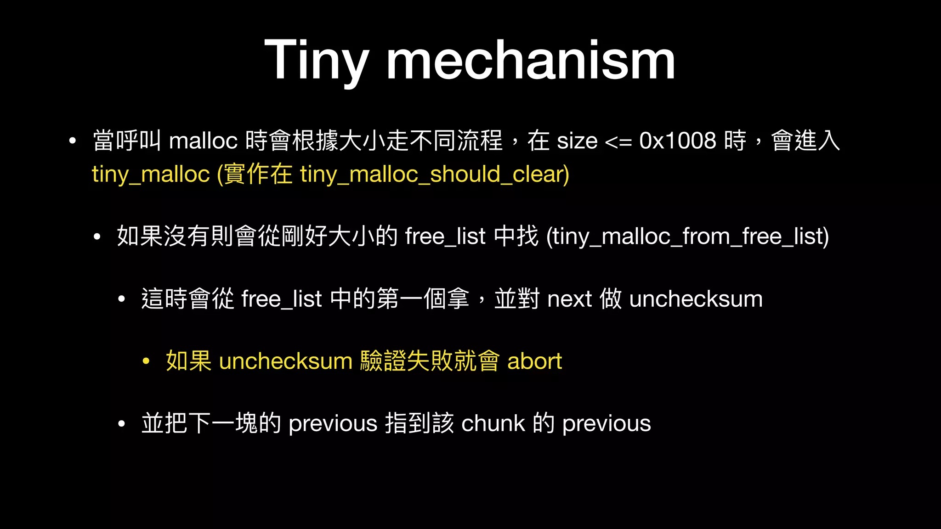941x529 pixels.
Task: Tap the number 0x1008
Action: (x=677, y=141)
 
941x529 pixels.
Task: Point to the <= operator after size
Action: (x=618, y=141)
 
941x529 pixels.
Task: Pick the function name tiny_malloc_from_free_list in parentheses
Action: (x=687, y=236)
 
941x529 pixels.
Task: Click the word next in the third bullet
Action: (x=569, y=299)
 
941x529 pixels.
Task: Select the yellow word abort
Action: (x=534, y=361)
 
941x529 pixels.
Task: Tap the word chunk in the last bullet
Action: (x=493, y=423)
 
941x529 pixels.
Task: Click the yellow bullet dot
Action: (x=146, y=361)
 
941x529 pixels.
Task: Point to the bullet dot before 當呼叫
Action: (x=72, y=141)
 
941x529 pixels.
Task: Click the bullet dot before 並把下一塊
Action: (x=121, y=423)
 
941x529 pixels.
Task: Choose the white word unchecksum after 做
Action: (x=696, y=299)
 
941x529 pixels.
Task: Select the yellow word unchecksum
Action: (x=285, y=361)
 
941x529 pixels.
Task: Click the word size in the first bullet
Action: (x=577, y=141)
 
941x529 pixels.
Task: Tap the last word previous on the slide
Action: (x=607, y=423)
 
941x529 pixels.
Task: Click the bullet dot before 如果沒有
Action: (x=96, y=237)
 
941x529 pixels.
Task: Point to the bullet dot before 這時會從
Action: (x=121, y=299)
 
